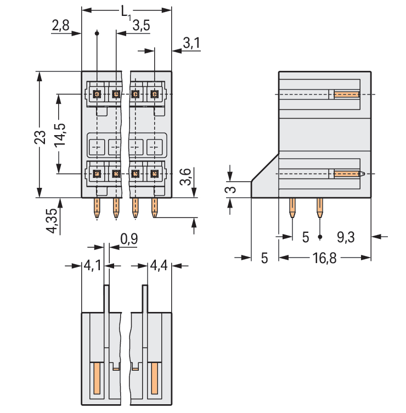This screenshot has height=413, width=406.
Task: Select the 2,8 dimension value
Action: coord(60,25)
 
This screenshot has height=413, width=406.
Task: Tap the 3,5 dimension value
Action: coord(141,25)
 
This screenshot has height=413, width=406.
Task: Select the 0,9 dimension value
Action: coord(128,239)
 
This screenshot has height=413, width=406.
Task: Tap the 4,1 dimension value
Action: coord(92,266)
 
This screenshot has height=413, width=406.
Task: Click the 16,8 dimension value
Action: coord(323,258)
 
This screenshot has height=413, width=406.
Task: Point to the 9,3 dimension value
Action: coord(346,237)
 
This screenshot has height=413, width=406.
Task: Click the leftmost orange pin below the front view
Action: coord(97,208)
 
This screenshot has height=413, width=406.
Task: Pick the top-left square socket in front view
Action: coord(97,94)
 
